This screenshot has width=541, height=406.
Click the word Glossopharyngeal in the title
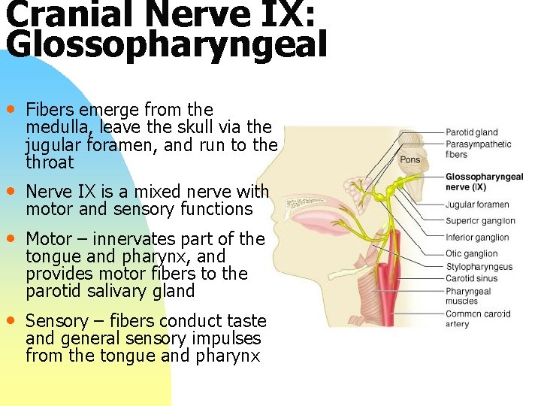tap(166, 44)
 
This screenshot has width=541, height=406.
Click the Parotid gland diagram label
tap(471, 133)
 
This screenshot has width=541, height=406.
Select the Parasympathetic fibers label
tap(478, 149)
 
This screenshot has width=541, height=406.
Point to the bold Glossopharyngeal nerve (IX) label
tap(484, 182)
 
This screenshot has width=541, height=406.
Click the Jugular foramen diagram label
tap(476, 205)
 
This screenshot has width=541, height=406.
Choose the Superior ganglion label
tap(479, 221)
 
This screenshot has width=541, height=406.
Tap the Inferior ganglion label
tap(476, 238)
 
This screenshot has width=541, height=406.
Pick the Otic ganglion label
tap(471, 254)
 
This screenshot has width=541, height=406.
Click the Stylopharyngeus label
tap(479, 266)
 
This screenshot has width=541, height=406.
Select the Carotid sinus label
tap(471, 278)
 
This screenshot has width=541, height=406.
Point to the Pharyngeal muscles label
tap(467, 296)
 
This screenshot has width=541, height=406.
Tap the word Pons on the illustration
tap(410, 159)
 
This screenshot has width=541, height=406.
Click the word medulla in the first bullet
tap(54, 127)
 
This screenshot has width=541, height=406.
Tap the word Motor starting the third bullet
tap(49, 239)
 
